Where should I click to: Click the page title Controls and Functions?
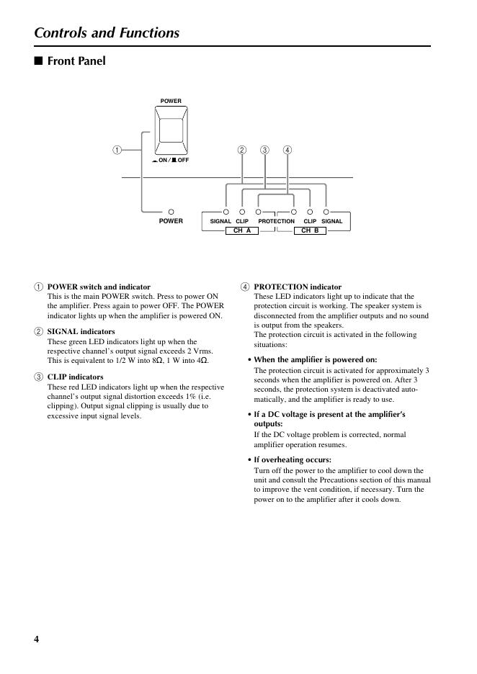107,32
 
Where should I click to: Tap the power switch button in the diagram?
171,130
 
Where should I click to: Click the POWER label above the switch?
171,101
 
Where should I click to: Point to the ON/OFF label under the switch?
171,160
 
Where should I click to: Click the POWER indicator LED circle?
171,212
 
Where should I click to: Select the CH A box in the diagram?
241,231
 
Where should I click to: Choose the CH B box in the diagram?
310,231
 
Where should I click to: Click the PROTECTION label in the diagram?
276,221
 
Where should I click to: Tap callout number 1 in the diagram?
117,150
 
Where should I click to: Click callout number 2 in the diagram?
241,150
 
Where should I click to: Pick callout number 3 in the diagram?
264,150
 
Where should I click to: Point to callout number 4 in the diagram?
287,150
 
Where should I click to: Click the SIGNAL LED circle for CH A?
226,212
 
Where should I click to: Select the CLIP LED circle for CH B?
310,212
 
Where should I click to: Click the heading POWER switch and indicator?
99,287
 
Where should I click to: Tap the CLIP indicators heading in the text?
75,377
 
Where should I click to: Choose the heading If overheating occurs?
293,459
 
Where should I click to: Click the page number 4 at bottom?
37,639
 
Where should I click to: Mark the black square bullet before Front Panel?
39,60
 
